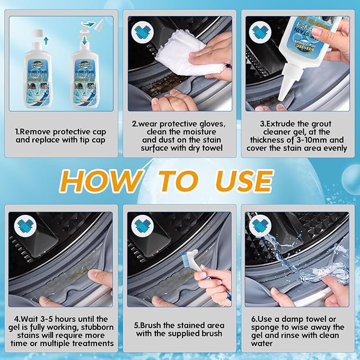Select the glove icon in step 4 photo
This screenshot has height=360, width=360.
[26, 227]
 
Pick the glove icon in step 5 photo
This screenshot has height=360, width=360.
[143, 227]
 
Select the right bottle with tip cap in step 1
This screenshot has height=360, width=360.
[85, 74]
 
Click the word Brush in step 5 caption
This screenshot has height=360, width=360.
[155, 325]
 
